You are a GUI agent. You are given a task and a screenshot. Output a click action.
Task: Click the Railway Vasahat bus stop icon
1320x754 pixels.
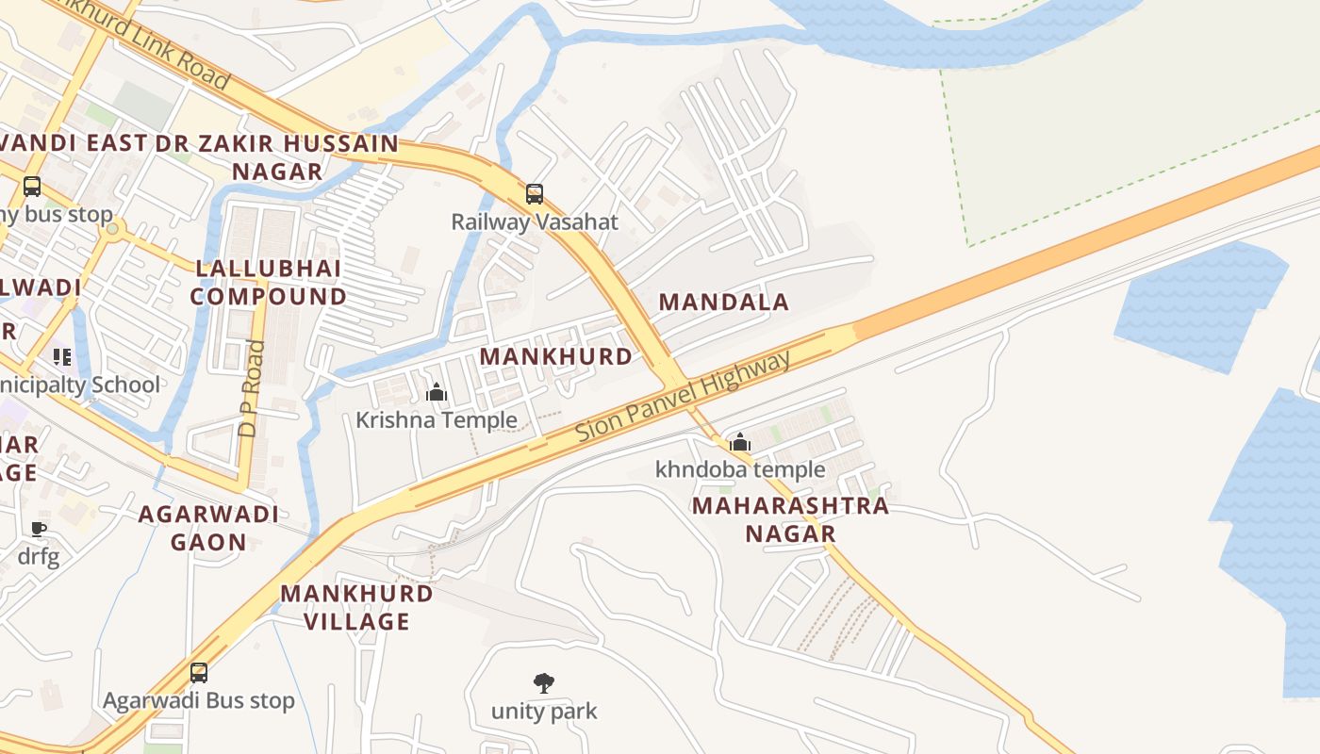coord(535,194)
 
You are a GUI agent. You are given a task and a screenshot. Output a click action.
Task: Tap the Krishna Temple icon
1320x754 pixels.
coord(437,392)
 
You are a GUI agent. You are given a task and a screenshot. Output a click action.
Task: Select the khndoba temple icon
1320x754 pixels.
coord(740,442)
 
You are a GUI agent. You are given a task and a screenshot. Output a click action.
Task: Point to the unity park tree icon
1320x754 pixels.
coord(544,683)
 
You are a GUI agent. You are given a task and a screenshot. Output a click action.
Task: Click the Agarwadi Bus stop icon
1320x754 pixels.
coord(199,673)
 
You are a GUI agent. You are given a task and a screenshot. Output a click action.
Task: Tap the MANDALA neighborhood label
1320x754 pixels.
coord(723,303)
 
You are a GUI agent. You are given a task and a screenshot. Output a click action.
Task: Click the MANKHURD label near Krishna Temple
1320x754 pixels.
coord(556,356)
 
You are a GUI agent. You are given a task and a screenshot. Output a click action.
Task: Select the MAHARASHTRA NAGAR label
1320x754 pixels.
coord(790,519)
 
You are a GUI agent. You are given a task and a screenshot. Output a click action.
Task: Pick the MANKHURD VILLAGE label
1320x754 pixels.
coord(357,608)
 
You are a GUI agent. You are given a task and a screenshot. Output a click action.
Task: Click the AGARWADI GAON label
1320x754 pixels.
coord(208,528)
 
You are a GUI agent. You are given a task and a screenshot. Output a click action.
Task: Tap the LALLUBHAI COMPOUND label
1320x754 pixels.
coord(269,283)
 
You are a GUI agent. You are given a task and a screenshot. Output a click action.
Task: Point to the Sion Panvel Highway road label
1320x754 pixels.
coord(684,398)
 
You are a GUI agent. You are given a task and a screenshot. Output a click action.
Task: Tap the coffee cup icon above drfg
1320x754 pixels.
coord(39,529)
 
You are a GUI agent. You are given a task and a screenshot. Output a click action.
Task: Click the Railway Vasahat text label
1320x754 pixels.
coord(535,222)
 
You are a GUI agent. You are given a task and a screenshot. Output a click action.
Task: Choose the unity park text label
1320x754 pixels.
coord(544,711)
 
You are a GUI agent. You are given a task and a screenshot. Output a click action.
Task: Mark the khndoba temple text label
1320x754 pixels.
coord(740,469)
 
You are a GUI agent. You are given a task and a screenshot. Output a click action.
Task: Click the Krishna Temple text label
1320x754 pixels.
coord(437,419)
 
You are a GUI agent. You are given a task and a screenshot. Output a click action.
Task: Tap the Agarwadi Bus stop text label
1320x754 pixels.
coord(199,701)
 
